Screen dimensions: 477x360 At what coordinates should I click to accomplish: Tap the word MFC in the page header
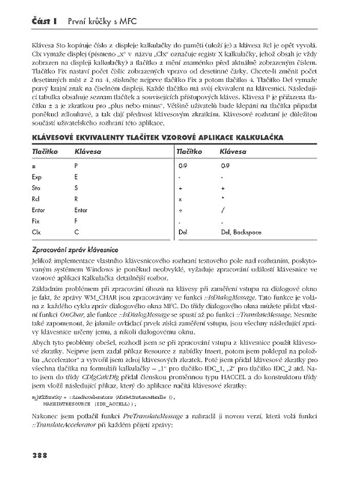click(x=124, y=21)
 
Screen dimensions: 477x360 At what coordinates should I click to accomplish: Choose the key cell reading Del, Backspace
click(x=241, y=233)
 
